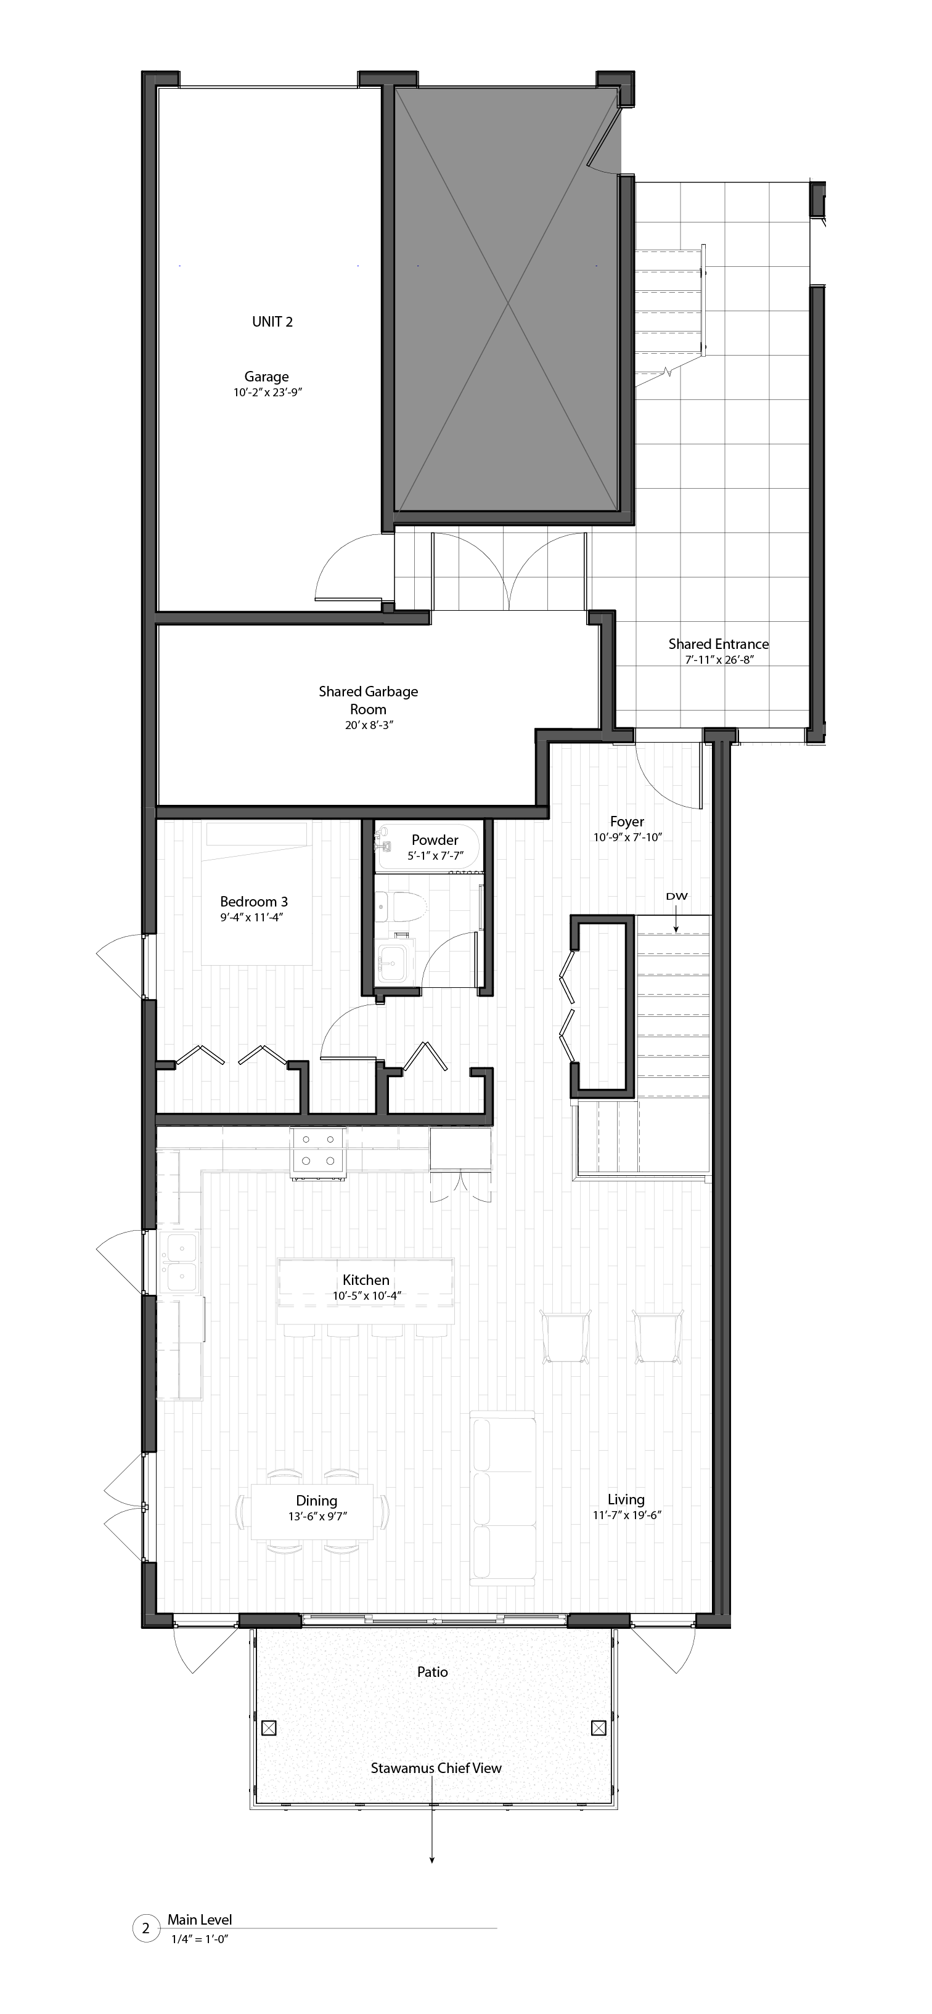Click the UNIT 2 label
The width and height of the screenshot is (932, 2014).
point(272,321)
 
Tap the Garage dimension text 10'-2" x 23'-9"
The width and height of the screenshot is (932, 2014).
point(267,393)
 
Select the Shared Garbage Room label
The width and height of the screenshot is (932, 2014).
point(368,699)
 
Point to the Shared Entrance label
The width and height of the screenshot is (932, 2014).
point(717,644)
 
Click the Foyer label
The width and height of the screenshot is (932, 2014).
point(627,821)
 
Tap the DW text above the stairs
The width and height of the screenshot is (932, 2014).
point(676,897)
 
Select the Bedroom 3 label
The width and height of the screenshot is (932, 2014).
point(253,902)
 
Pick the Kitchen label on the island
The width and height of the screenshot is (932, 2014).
point(366,1280)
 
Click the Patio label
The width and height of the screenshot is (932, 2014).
point(432,1671)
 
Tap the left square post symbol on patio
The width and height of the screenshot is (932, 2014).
point(268,1727)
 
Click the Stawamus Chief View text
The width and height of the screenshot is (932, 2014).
point(436,1767)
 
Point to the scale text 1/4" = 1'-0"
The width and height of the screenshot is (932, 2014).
point(199,1939)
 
